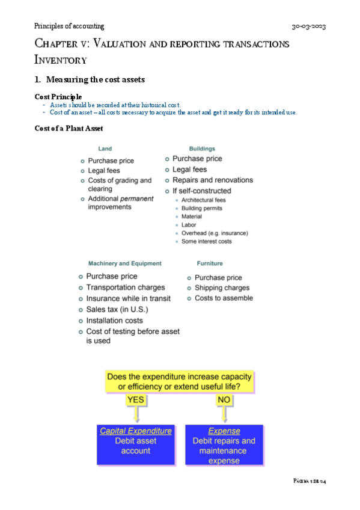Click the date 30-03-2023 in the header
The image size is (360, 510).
coord(308,26)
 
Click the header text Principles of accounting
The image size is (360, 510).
coord(69,26)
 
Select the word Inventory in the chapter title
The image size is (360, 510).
coord(61,60)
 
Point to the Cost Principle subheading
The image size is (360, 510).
coord(59,97)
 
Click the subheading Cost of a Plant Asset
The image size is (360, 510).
coord(69,127)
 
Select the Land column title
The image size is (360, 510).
coord(105,149)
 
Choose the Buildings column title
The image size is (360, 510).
coord(202,149)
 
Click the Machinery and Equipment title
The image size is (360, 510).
coord(124,263)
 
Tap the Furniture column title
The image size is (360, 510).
coord(210,263)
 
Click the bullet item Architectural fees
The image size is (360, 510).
coord(203,200)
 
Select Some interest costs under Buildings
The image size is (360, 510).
coord(206,241)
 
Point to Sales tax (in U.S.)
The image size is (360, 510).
coord(117,309)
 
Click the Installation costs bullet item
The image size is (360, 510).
coord(114,320)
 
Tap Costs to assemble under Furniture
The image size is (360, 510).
coord(224,298)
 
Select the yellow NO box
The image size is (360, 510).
coord(224,399)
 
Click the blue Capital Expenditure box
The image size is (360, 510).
coord(136,445)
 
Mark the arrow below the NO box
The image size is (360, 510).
coord(224,414)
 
